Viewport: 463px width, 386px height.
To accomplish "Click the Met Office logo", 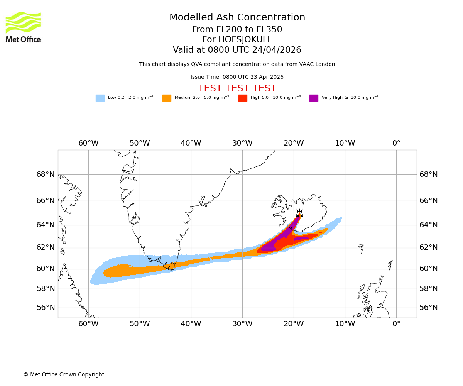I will coord(23,27).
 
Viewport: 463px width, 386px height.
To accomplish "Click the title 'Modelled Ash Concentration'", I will coord(237,18).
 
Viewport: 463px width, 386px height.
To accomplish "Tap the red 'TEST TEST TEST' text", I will coord(237,89).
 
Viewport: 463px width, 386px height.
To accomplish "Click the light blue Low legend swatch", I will coord(100,98).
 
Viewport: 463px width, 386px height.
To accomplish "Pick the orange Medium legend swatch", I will coord(167,98).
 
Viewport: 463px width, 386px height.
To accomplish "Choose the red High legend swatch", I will coord(243,98).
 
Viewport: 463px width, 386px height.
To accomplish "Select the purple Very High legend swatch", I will coord(314,98).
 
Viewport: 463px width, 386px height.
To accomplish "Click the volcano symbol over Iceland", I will coord(299,213).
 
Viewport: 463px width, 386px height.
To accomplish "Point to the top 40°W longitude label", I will coord(191,143).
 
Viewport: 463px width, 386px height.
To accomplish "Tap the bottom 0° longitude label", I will coord(396,324).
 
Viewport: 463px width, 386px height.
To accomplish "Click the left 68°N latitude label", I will coord(46,174).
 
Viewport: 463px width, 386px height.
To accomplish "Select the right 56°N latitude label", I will coord(429,308).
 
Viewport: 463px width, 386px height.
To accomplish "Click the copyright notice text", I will coord(64,375).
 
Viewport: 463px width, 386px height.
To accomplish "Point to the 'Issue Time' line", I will coord(237,77).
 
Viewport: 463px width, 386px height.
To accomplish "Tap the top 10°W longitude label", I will coord(345,143).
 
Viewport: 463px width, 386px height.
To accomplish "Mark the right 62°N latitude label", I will coord(429,248).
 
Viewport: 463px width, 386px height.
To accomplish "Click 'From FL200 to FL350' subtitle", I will coord(237,30).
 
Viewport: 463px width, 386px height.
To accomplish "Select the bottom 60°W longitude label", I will coord(88,324).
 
